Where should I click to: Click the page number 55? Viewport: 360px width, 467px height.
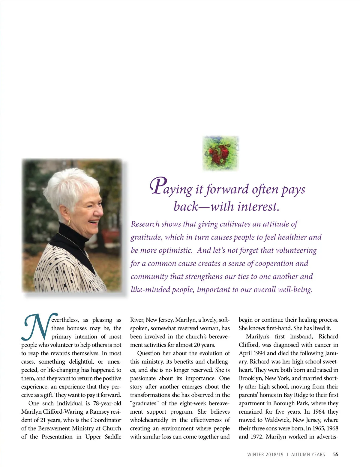tap(336, 454)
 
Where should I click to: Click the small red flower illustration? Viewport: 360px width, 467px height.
tap(220, 153)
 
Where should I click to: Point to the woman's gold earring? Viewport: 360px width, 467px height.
tap(69, 222)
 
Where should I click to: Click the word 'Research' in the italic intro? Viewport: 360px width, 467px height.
tap(145, 224)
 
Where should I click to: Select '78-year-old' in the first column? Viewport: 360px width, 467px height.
tap(107, 403)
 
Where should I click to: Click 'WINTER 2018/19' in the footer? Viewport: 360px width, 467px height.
tap(265, 454)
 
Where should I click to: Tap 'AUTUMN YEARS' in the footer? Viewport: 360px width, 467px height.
tap(308, 454)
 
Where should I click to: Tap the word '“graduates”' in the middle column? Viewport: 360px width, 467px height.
tap(144, 403)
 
